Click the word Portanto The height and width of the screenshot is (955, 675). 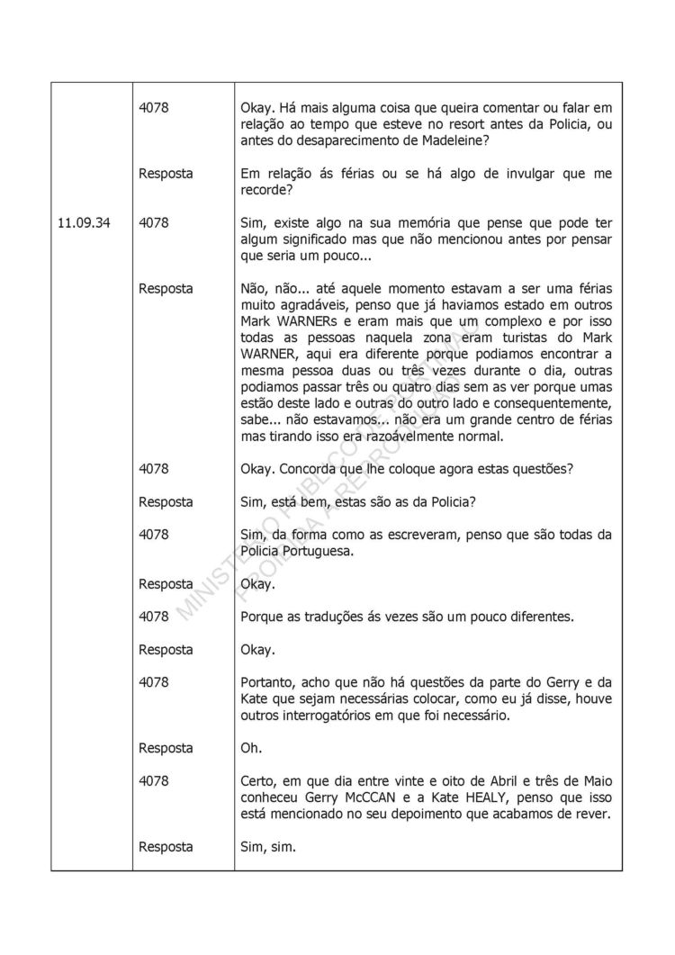coord(270,682)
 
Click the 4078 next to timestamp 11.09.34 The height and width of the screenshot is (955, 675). coord(154,224)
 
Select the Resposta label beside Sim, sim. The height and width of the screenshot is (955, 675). coord(166,847)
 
